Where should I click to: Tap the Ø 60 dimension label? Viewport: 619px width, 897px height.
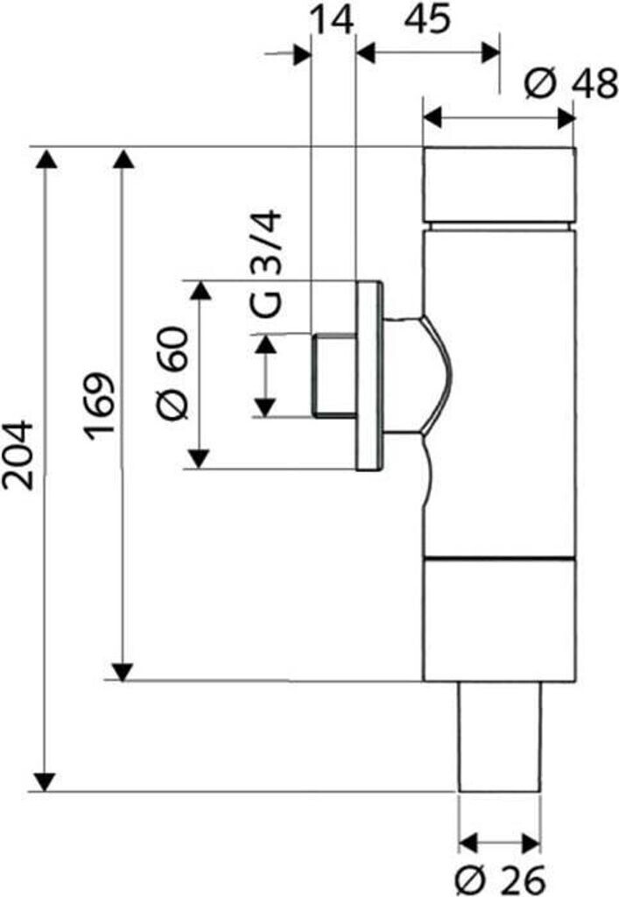[172, 373]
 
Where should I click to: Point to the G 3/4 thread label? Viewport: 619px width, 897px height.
[266, 265]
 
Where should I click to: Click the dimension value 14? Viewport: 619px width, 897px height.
[331, 20]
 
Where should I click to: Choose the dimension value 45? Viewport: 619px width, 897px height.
[427, 19]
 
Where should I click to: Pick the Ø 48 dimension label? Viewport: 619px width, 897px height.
[571, 83]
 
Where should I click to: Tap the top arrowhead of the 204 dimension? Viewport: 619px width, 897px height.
[45, 159]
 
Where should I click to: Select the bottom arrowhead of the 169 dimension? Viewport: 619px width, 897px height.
[123, 672]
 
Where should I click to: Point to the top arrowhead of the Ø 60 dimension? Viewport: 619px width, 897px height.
[200, 291]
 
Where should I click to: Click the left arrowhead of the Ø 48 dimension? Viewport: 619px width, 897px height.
[433, 119]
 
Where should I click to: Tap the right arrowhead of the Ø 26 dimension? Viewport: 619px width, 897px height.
[531, 843]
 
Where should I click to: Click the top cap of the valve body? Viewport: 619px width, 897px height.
[498, 186]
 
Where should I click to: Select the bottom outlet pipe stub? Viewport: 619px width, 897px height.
[500, 737]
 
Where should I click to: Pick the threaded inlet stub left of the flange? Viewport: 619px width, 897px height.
[334, 375]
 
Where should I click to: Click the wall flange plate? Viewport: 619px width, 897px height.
[369, 375]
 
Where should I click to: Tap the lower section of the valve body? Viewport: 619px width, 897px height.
[499, 620]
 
